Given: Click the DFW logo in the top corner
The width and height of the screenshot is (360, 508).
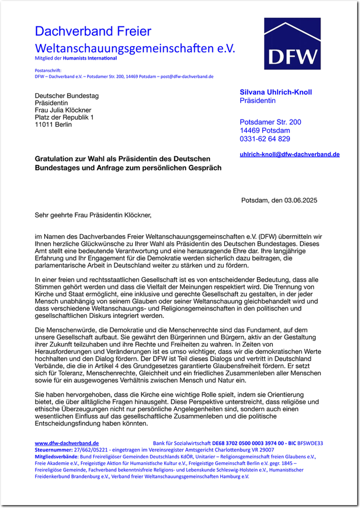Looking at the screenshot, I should (x=292, y=44).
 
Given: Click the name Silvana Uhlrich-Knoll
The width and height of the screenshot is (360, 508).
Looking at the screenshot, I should (x=276, y=92).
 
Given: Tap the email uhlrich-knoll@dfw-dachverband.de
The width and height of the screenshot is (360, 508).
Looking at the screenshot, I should (x=290, y=155).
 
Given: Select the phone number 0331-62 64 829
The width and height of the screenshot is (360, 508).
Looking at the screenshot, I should (x=265, y=139).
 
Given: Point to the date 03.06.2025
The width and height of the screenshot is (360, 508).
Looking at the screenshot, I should (x=299, y=200).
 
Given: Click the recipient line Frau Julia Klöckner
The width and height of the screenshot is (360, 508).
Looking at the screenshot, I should (x=63, y=110).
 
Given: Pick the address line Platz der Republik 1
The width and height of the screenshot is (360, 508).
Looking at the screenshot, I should (x=64, y=117).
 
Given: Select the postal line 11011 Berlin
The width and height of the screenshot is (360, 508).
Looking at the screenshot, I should (x=53, y=125).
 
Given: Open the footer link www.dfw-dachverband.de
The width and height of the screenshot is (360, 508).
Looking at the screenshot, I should (x=67, y=443).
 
